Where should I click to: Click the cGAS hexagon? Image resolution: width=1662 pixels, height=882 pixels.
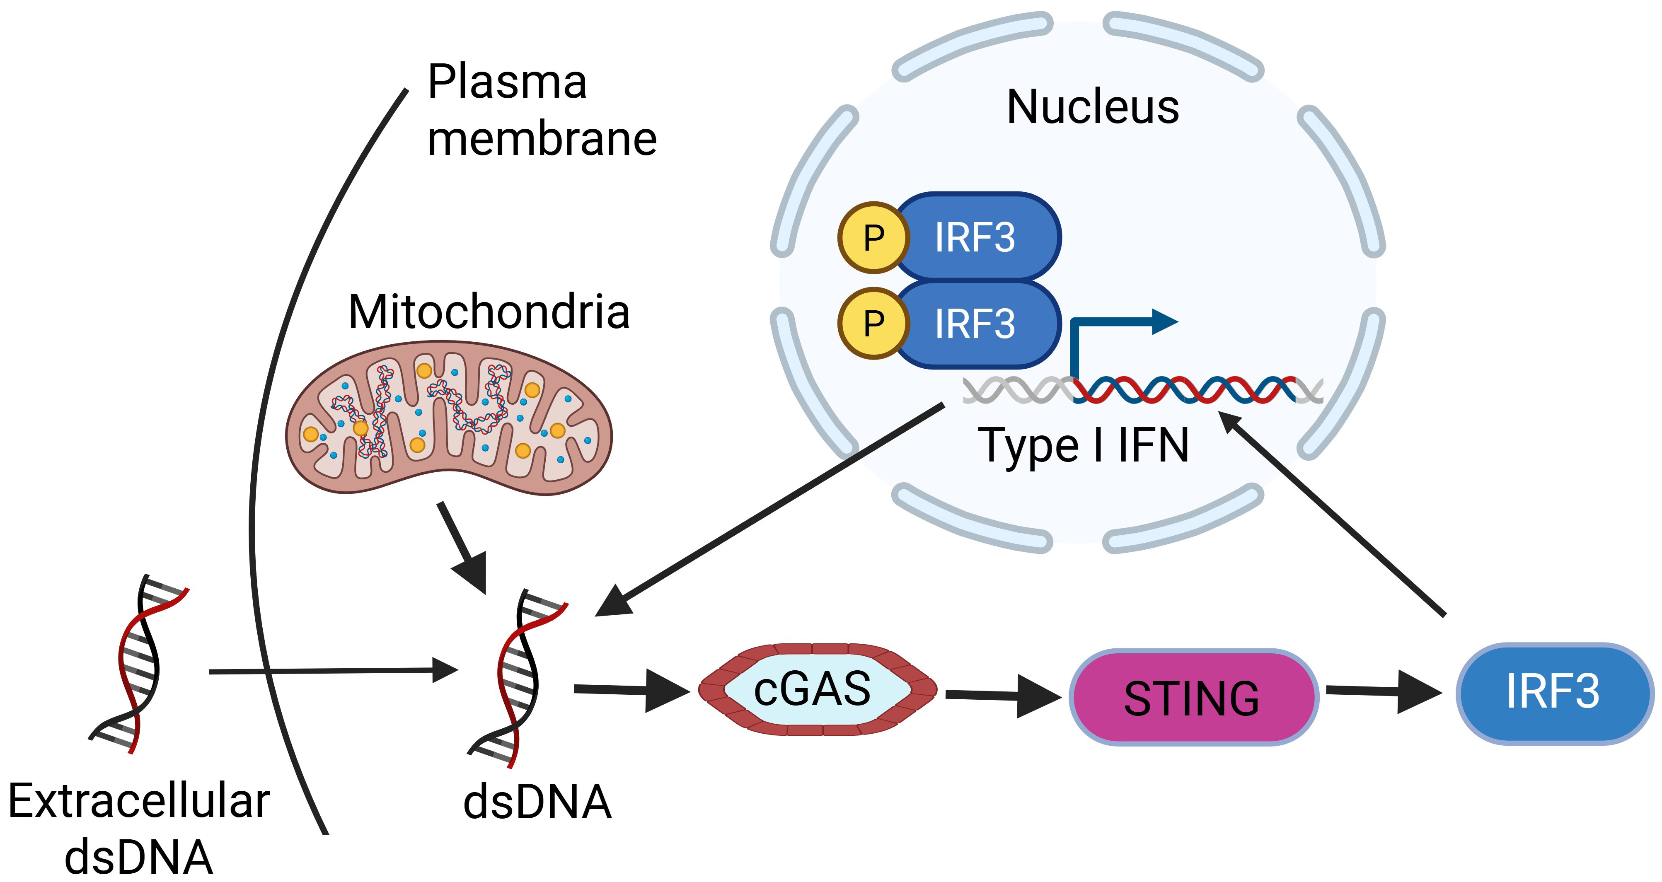click(x=817, y=689)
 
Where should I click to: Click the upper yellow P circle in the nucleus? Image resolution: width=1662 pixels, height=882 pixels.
click(x=873, y=237)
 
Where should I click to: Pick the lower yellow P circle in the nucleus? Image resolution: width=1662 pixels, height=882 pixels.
click(x=873, y=323)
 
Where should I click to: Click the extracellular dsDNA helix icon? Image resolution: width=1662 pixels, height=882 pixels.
click(x=138, y=663)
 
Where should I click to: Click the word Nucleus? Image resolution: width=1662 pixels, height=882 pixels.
click(x=1093, y=107)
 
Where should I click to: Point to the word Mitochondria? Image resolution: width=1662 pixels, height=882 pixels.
click(x=489, y=312)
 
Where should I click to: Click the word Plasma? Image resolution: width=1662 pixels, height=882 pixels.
click(x=507, y=82)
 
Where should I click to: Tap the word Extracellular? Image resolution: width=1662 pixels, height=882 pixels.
click(x=139, y=801)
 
